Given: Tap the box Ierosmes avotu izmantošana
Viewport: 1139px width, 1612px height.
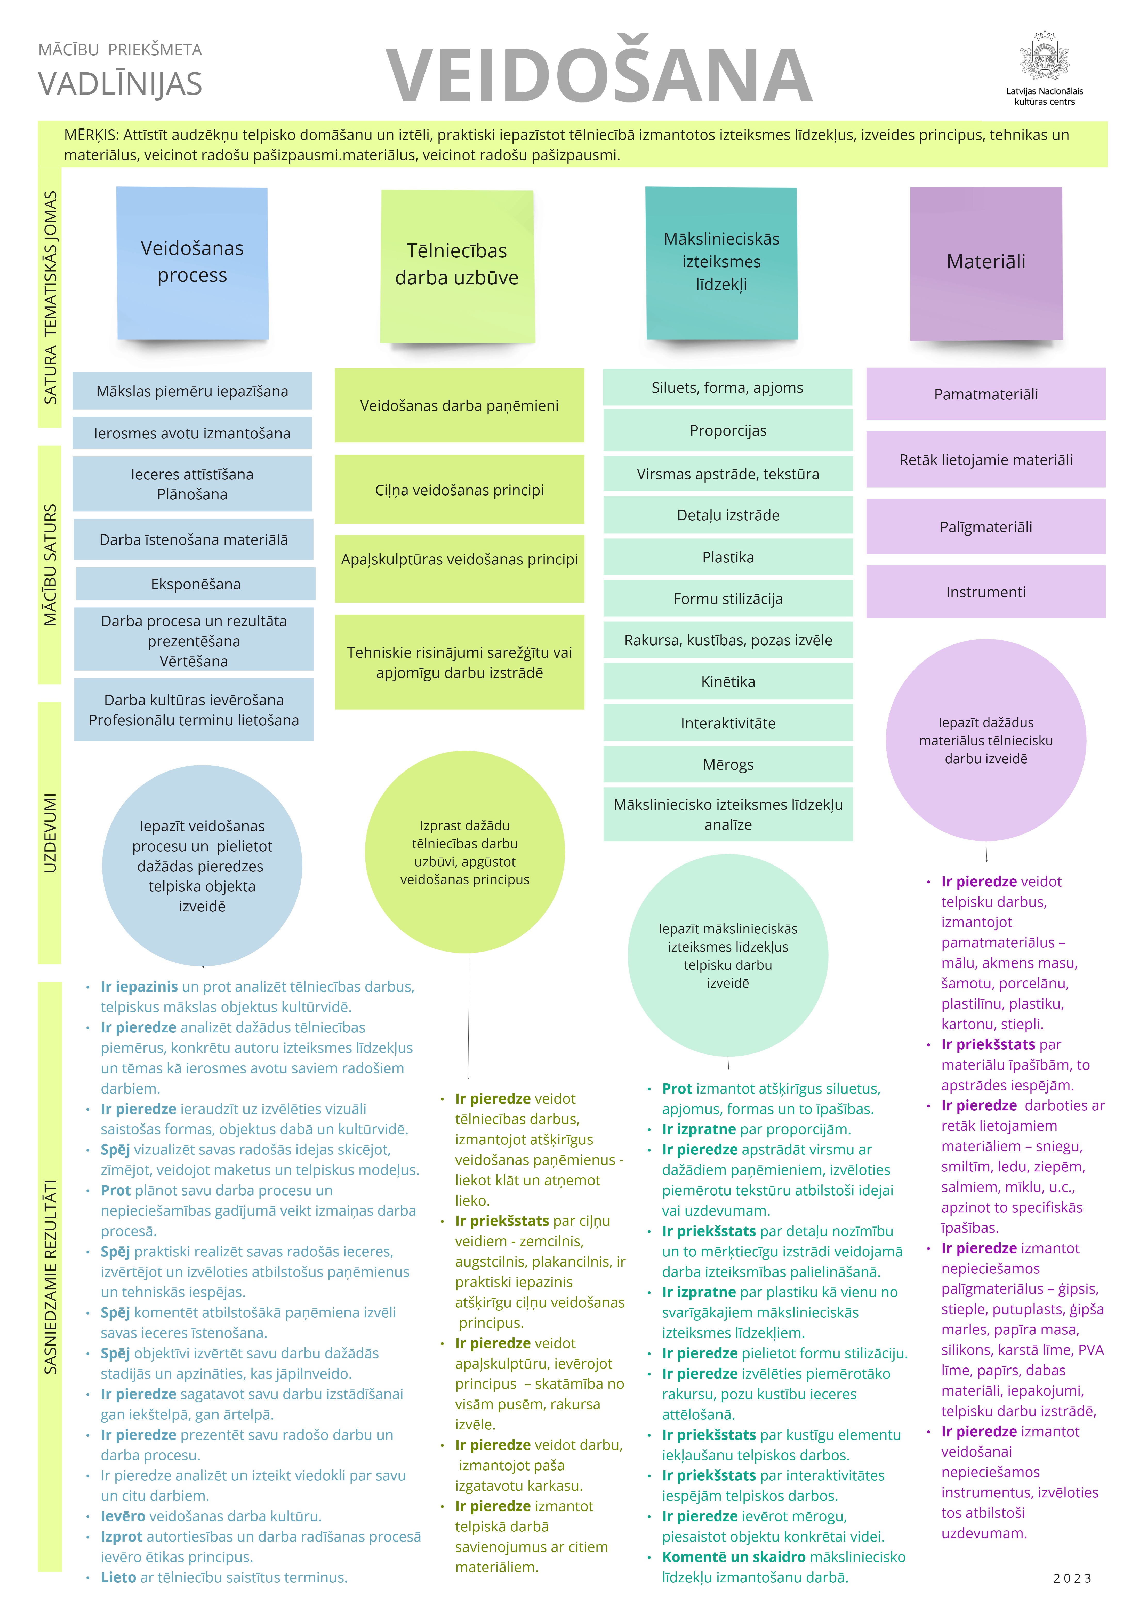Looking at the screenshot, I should [192, 433].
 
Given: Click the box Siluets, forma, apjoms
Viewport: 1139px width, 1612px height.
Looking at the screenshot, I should [727, 388].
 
